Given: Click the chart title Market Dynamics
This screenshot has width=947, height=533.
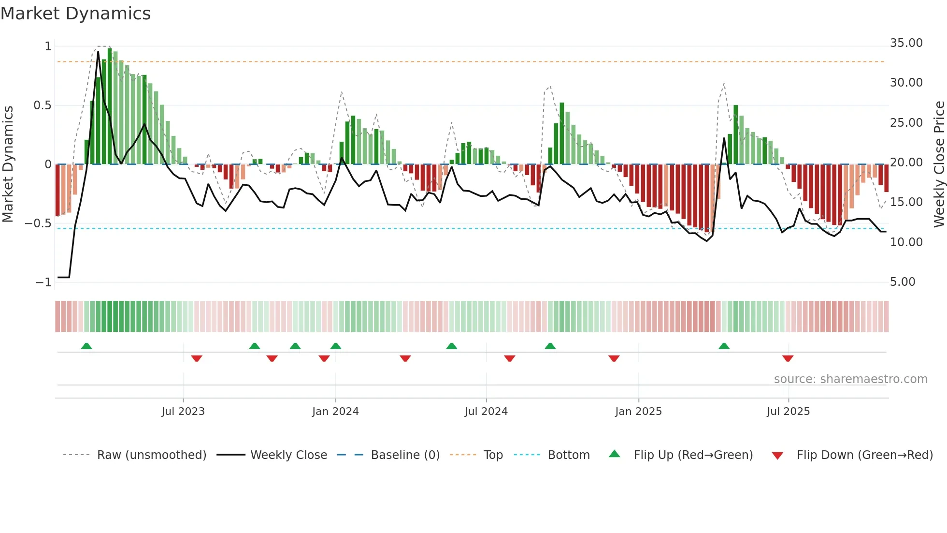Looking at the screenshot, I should (76, 14).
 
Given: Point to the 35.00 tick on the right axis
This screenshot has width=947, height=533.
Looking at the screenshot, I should (906, 43).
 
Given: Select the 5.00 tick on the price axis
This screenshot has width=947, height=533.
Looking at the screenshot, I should (903, 282).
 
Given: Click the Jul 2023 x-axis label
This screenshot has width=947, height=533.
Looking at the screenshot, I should (183, 412).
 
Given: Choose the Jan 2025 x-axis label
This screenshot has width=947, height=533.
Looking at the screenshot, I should (638, 412).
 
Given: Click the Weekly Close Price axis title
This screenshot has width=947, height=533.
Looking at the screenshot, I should (939, 164).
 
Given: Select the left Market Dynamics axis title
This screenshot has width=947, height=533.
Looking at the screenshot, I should (8, 164).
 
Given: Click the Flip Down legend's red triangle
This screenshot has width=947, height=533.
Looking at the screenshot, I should (777, 456).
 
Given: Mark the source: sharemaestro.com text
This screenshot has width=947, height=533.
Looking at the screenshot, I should (850, 379).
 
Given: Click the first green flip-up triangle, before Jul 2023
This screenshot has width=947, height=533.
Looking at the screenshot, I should (86, 346).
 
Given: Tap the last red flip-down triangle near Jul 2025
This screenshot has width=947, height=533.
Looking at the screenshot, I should (788, 358).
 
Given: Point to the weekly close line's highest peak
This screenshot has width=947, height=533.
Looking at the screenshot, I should (98, 52).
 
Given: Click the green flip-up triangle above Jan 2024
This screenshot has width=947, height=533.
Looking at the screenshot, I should (336, 346).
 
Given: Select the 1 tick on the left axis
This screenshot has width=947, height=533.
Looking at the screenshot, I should (48, 46).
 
